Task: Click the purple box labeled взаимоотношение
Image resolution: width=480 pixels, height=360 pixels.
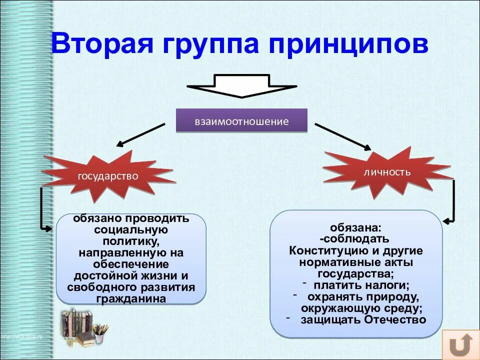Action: [241, 121]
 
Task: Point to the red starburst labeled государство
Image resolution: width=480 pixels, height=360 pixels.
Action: [107, 175]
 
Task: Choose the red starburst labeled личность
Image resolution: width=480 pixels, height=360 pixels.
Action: [387, 172]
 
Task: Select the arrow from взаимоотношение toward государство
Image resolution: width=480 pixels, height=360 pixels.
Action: [140, 135]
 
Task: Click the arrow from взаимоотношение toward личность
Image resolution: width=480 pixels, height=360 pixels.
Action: [343, 136]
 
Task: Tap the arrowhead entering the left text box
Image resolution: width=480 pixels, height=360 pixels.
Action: [48, 228]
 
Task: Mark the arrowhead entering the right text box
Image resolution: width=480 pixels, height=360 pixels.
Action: [446, 220]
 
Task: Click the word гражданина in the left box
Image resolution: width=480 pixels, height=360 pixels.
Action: [131, 298]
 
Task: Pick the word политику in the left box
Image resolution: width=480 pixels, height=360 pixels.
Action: [131, 242]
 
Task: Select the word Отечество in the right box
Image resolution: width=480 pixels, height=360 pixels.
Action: [394, 319]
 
